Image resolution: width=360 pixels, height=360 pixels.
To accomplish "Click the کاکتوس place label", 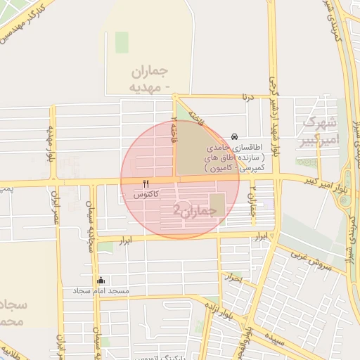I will (146, 193).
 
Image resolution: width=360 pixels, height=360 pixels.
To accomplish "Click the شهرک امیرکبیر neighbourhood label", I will (319, 131).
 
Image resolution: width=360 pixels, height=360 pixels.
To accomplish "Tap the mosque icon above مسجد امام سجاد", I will (101, 280).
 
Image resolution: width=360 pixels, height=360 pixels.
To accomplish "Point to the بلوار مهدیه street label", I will (51, 144).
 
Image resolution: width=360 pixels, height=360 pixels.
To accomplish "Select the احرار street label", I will (235, 279).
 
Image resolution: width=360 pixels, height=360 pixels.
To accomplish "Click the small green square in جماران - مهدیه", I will (122, 42).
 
